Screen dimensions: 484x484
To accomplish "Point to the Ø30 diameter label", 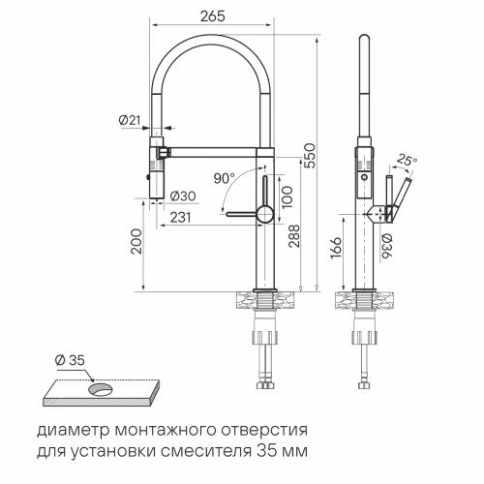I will click(x=184, y=197).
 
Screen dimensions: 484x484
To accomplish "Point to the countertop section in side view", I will click(x=365, y=301).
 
